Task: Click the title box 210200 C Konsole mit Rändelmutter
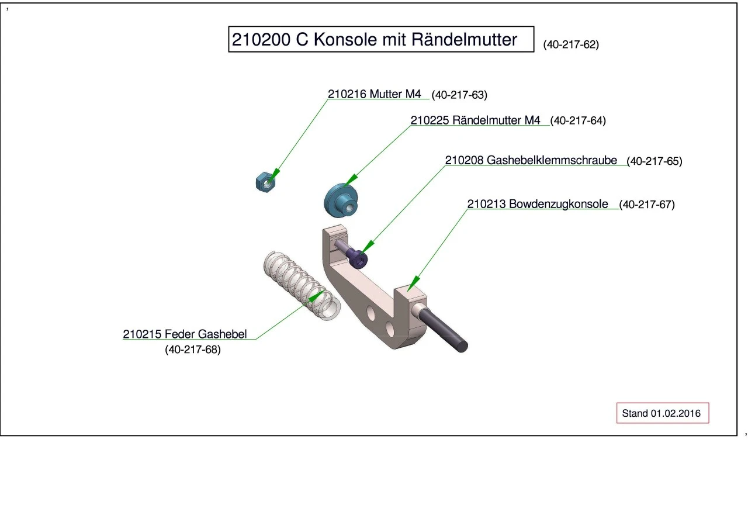point(381,39)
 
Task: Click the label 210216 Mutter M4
point(374,94)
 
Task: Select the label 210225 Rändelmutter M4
point(475,120)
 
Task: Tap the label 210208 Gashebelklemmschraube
point(531,160)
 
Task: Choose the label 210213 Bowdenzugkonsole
point(538,204)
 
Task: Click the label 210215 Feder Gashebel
point(185,334)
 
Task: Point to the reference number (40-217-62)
point(571,44)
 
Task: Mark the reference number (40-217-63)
point(459,95)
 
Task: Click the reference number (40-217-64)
point(578,121)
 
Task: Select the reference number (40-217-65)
point(654,161)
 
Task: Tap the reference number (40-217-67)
point(647,205)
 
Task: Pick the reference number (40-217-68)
point(193,350)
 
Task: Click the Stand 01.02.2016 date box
point(662,413)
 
